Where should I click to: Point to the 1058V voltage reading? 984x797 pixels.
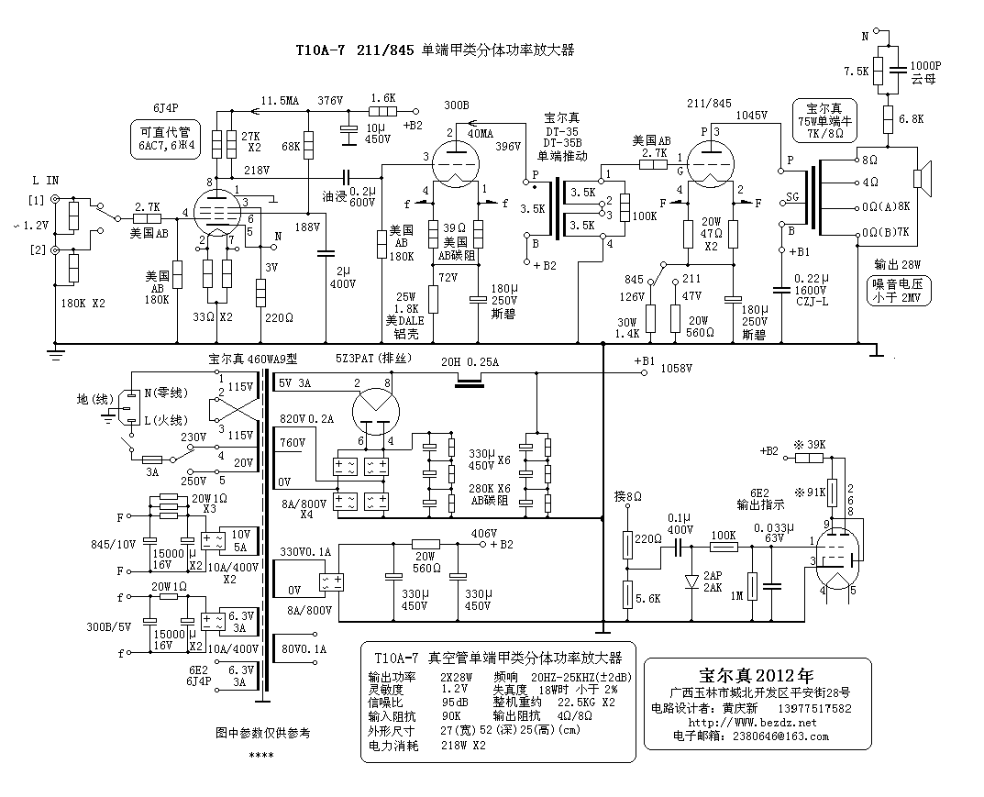click(x=678, y=368)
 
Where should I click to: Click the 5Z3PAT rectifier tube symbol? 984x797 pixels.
click(x=373, y=406)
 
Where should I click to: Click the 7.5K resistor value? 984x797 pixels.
click(x=856, y=71)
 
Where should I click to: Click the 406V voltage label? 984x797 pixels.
click(x=483, y=533)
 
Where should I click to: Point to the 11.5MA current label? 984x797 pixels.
click(x=281, y=99)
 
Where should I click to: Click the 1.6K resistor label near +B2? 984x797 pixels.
click(x=383, y=97)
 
